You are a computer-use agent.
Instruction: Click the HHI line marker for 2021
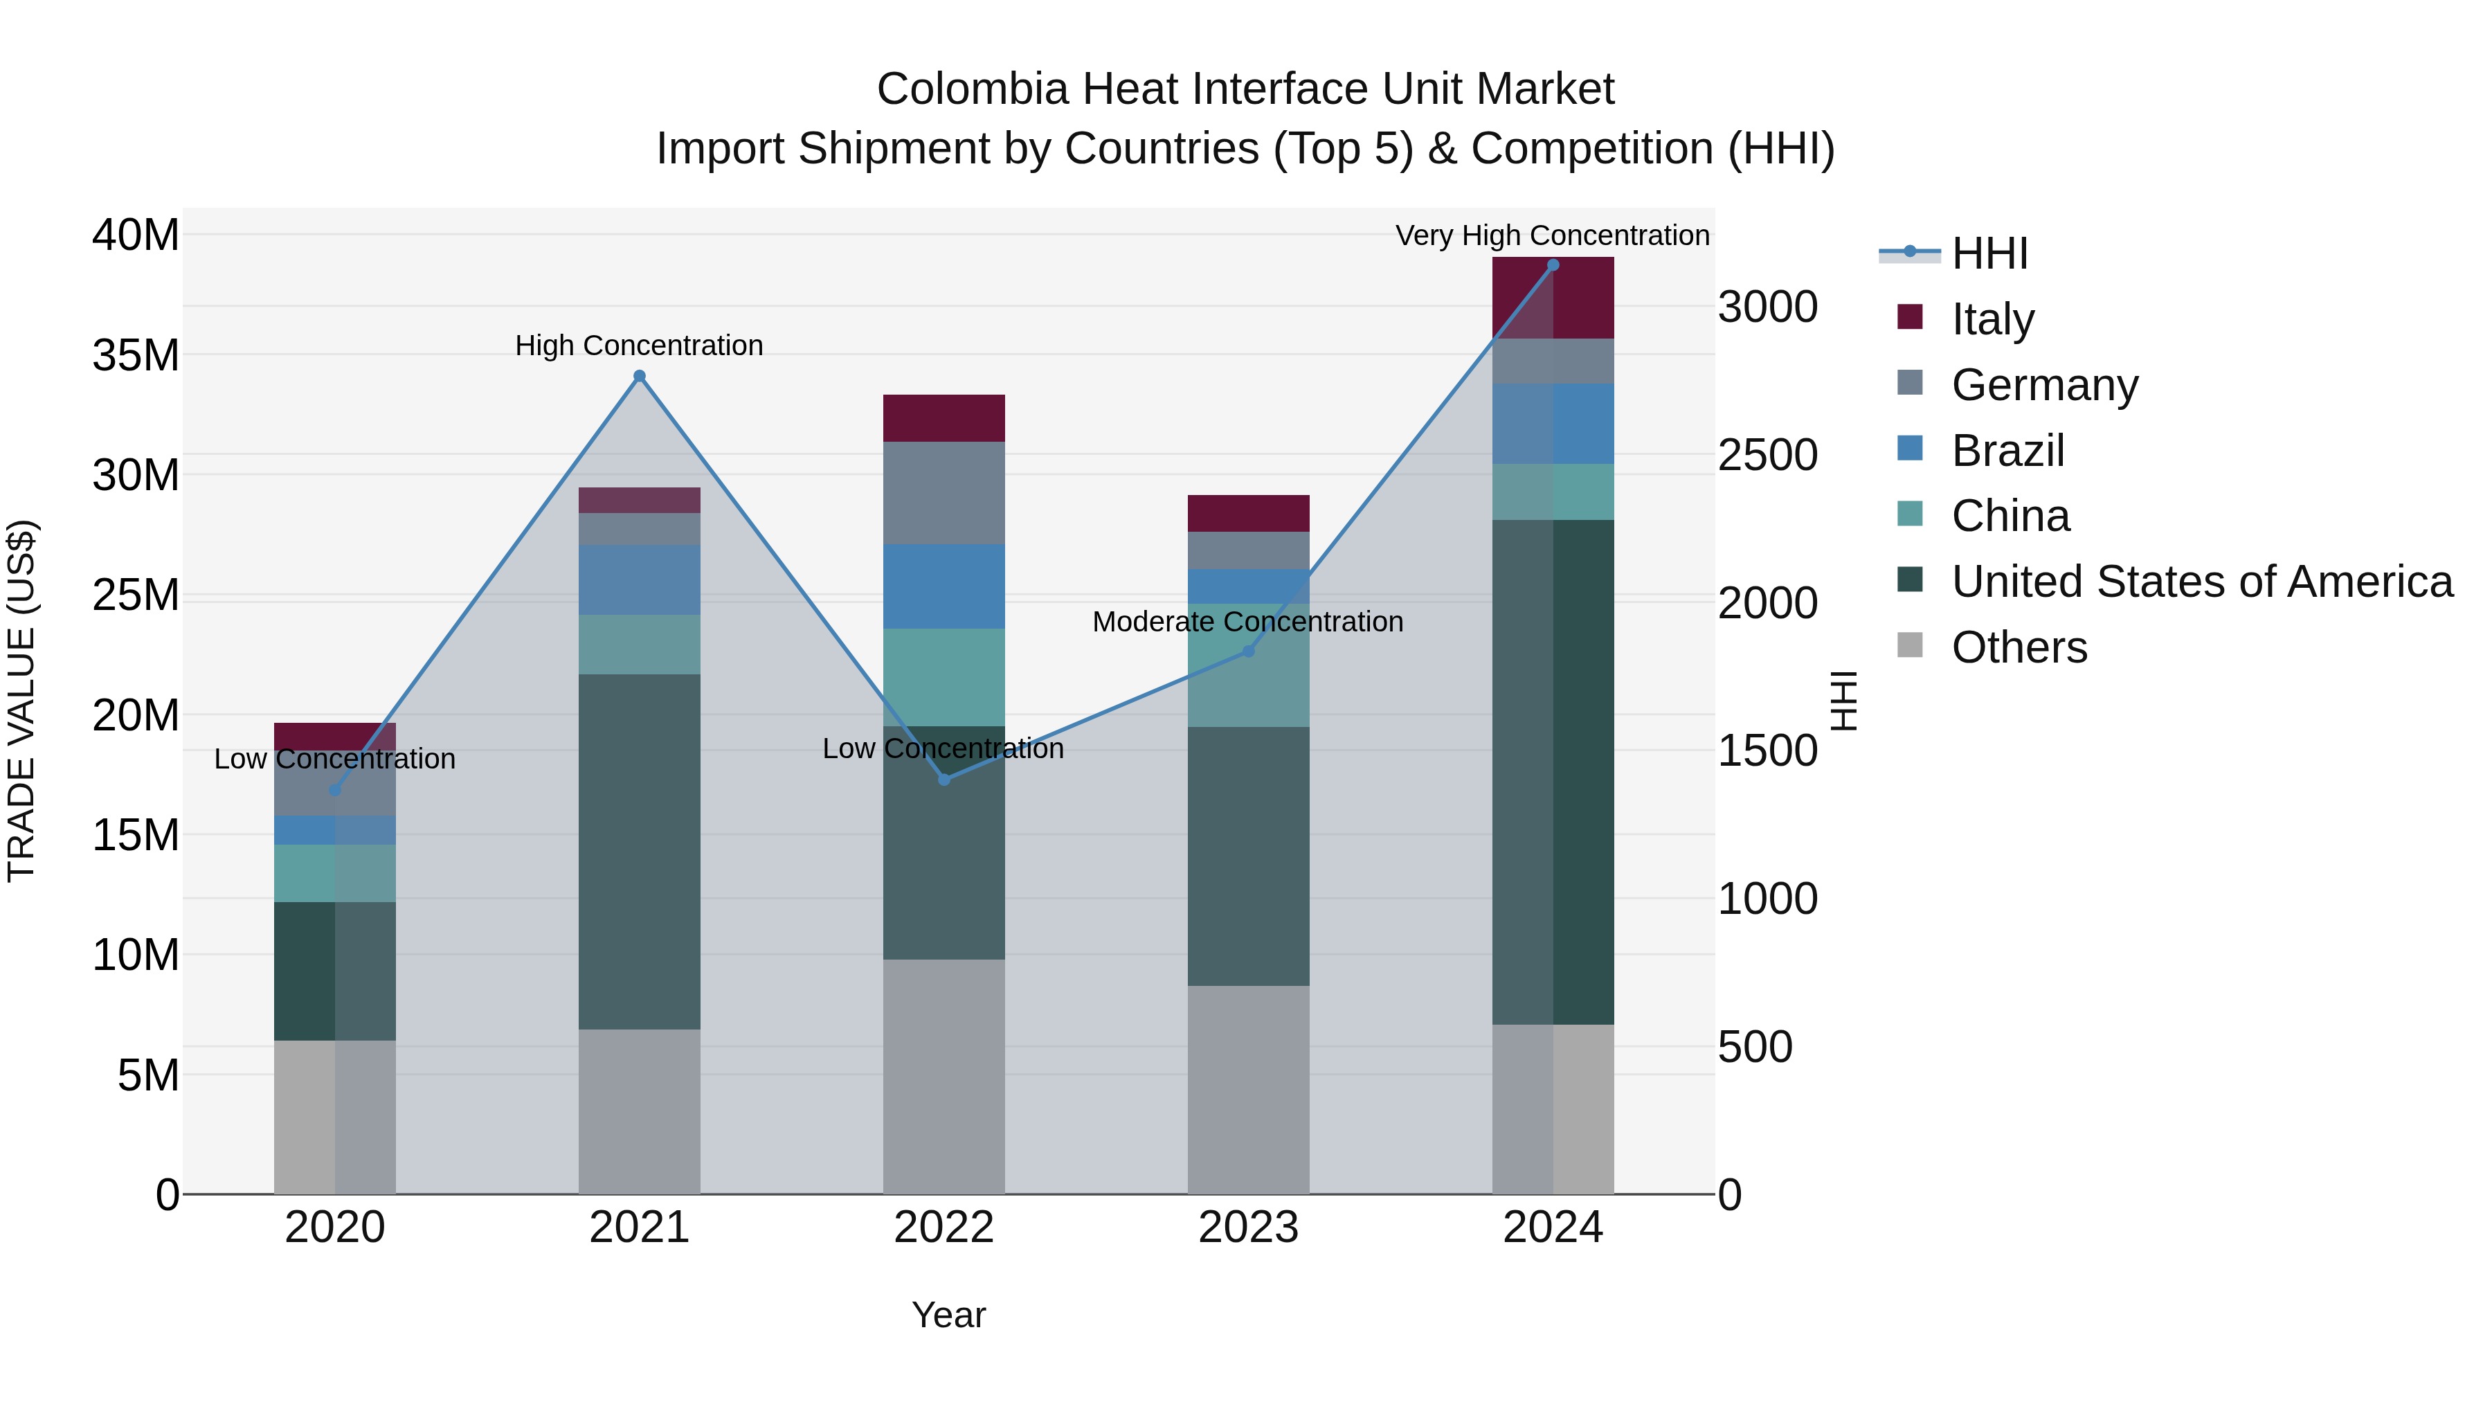point(640,377)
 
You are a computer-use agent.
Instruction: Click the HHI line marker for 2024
point(1553,265)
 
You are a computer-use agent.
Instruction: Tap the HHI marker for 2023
point(1248,651)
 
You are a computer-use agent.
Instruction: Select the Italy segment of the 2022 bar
point(943,418)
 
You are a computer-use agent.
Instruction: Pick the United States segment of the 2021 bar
point(640,852)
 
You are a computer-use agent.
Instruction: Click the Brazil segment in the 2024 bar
point(1553,423)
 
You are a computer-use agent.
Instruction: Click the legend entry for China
point(2010,516)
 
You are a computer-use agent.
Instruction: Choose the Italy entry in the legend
point(1993,318)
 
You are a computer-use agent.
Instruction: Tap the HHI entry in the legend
point(1989,253)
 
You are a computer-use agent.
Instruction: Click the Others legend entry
point(2019,647)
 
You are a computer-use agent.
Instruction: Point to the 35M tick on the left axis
point(136,355)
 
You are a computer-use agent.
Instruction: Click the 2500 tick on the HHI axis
point(1767,456)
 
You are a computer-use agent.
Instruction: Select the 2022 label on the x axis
point(943,1228)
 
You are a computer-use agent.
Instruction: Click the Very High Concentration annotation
point(1552,235)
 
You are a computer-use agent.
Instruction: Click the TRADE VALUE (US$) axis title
point(21,701)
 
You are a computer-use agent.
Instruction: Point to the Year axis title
point(948,1315)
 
